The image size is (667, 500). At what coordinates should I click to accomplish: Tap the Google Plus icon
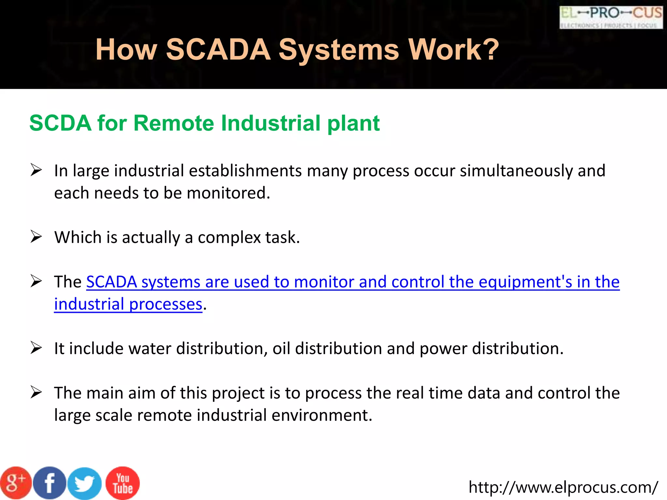pyautogui.click(x=15, y=483)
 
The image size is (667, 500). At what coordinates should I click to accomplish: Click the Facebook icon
pyautogui.click(x=50, y=483)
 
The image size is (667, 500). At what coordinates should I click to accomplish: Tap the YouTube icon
pyautogui.click(x=123, y=483)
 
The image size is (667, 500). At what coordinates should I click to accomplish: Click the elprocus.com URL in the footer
pyautogui.click(x=563, y=487)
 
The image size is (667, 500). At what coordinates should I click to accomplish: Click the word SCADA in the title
pyautogui.click(x=218, y=49)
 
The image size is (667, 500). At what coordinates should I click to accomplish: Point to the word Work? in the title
pyautogui.click(x=453, y=49)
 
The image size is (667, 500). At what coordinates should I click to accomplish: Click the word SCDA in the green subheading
pyautogui.click(x=60, y=123)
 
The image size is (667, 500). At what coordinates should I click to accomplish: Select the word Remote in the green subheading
pyautogui.click(x=174, y=123)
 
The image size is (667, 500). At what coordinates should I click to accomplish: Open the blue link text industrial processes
pyautogui.click(x=128, y=304)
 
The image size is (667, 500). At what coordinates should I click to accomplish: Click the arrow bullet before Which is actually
pyautogui.click(x=36, y=237)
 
